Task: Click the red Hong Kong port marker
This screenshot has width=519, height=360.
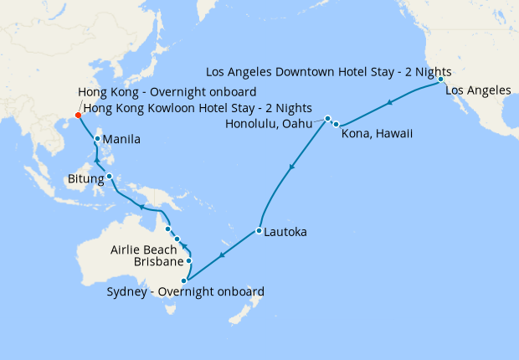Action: [78, 115]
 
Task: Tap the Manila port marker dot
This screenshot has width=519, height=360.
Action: [98, 139]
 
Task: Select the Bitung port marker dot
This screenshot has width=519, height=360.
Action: [109, 176]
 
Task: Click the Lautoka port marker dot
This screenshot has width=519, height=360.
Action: [259, 230]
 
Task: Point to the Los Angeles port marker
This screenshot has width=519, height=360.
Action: [440, 80]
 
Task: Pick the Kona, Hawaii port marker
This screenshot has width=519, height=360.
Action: [336, 124]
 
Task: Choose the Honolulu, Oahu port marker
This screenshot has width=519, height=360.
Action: [328, 118]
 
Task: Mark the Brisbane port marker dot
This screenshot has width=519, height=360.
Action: [188, 261]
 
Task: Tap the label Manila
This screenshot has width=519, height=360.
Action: [121, 139]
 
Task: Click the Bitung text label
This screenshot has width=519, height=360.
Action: [85, 179]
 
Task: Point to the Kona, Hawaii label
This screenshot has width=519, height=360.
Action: [378, 134]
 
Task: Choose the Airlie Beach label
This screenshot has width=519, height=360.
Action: [144, 249]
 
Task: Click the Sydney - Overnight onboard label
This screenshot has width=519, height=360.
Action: [186, 292]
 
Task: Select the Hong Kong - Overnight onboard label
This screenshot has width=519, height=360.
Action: [167, 92]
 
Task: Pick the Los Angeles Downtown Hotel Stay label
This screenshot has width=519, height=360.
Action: [329, 72]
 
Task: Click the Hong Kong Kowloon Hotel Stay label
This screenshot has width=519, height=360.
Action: [198, 109]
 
